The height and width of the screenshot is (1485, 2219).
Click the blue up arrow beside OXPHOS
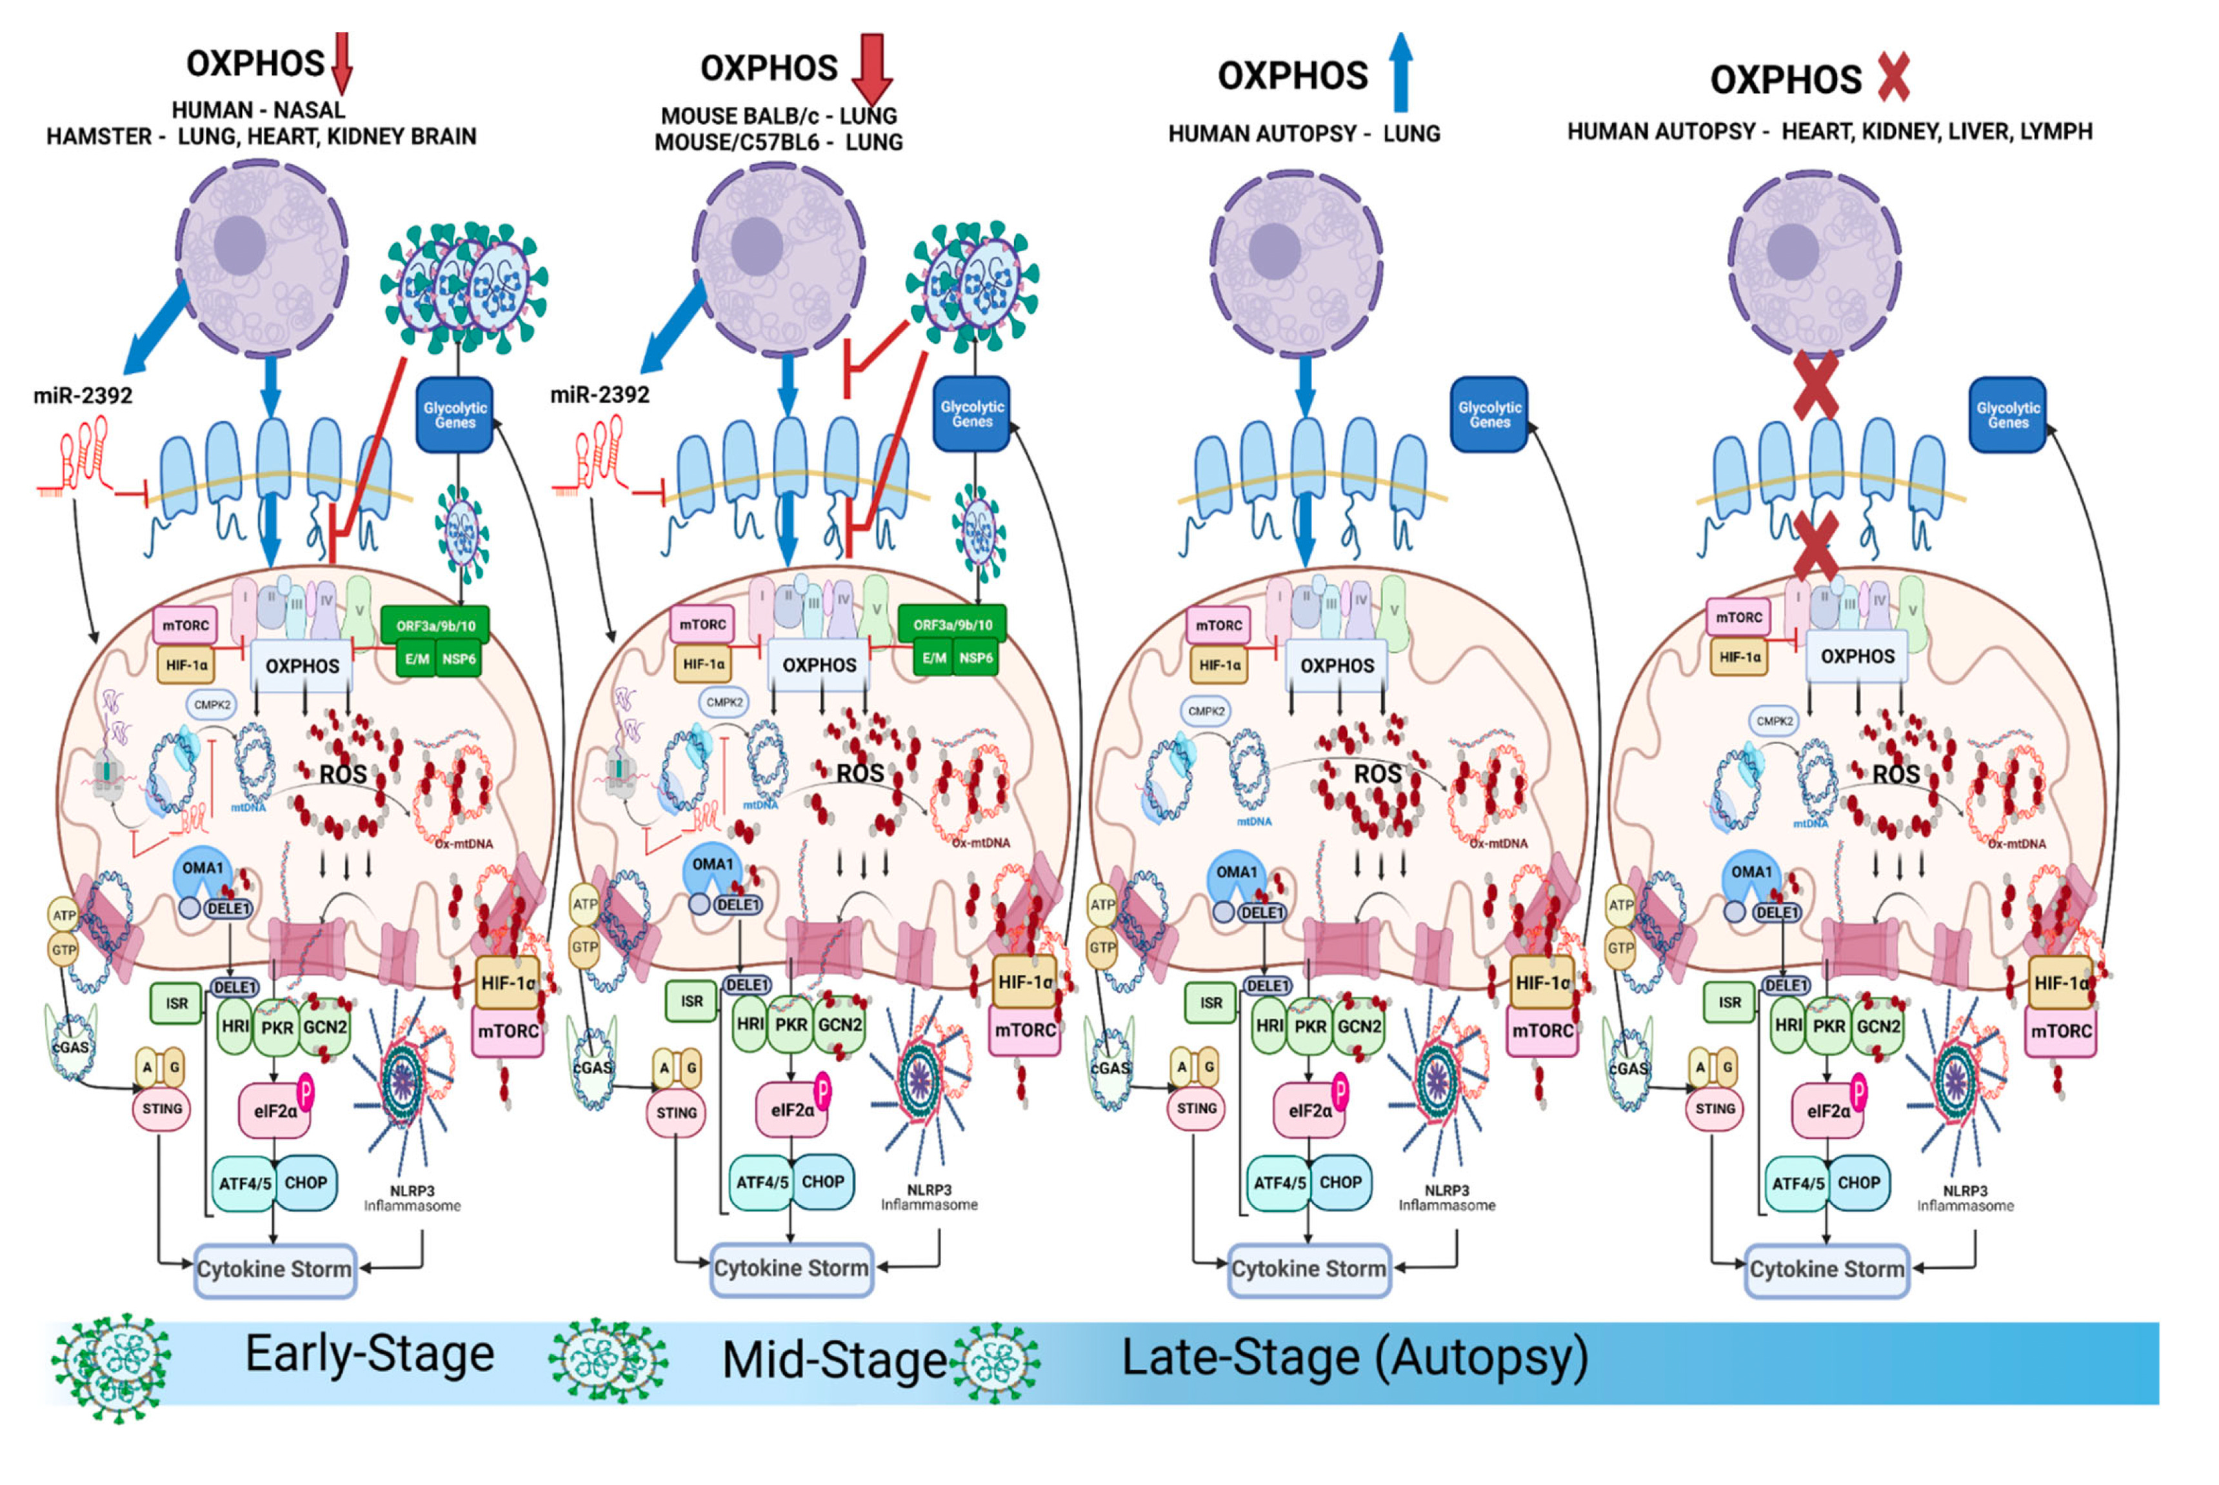1400,74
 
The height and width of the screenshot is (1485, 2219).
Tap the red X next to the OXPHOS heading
1892,77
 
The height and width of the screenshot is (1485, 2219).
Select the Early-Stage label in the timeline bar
370,1353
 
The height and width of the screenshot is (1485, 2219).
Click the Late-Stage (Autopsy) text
1355,1357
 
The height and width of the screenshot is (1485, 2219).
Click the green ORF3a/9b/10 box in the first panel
435,625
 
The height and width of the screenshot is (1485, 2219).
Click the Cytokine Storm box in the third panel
1308,1268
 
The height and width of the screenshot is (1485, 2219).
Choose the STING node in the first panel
162,1108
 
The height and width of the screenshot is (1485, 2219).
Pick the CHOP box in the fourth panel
1858,1182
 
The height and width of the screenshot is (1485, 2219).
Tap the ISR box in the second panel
692,1001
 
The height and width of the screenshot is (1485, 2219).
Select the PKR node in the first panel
277,1026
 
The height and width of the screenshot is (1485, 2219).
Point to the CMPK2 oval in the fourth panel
1774,721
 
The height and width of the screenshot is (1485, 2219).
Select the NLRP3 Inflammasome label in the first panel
412,1198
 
